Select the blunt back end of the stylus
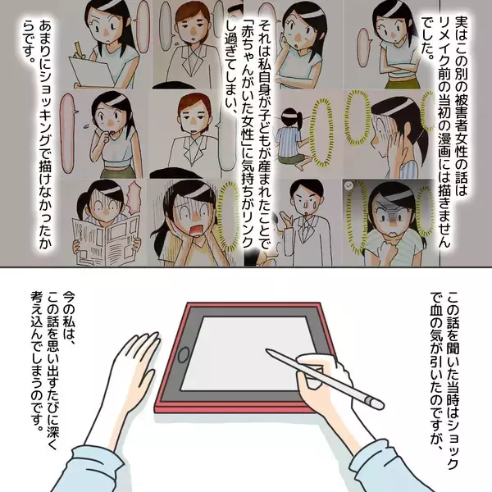coord(377,401)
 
